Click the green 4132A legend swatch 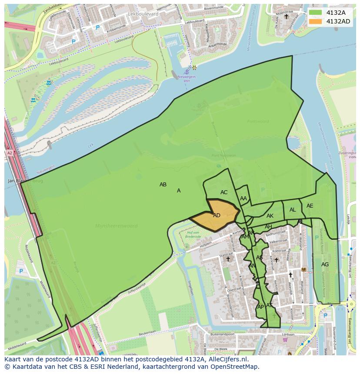[316, 13]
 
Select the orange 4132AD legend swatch [316, 21]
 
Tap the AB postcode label [163, 185]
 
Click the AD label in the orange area [217, 215]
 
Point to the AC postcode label [224, 192]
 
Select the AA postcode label [243, 199]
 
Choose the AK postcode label [270, 216]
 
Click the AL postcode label [293, 210]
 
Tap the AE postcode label [310, 206]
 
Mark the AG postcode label [325, 265]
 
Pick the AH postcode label [268, 227]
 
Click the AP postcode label [260, 307]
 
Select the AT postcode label [269, 305]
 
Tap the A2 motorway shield [10, 153]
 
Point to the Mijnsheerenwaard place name [116, 226]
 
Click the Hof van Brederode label [192, 235]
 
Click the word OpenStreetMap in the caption [237, 367]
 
